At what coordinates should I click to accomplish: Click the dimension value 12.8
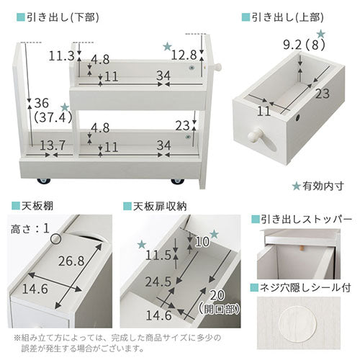(184, 55)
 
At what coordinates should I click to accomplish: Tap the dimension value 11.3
(61, 56)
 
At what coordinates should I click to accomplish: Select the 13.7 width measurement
(53, 145)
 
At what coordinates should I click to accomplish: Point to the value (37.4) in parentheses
(53, 117)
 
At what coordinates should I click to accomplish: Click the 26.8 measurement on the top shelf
(71, 261)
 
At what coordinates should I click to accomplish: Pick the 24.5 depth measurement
(158, 282)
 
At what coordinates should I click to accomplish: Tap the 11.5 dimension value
(158, 255)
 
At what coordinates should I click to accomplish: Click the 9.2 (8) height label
(304, 45)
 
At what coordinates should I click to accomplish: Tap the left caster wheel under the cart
(44, 181)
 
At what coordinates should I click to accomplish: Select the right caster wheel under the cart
(178, 181)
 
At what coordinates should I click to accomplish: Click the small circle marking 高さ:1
(55, 239)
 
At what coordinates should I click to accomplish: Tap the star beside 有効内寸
(297, 186)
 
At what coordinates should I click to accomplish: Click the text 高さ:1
(30, 229)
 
